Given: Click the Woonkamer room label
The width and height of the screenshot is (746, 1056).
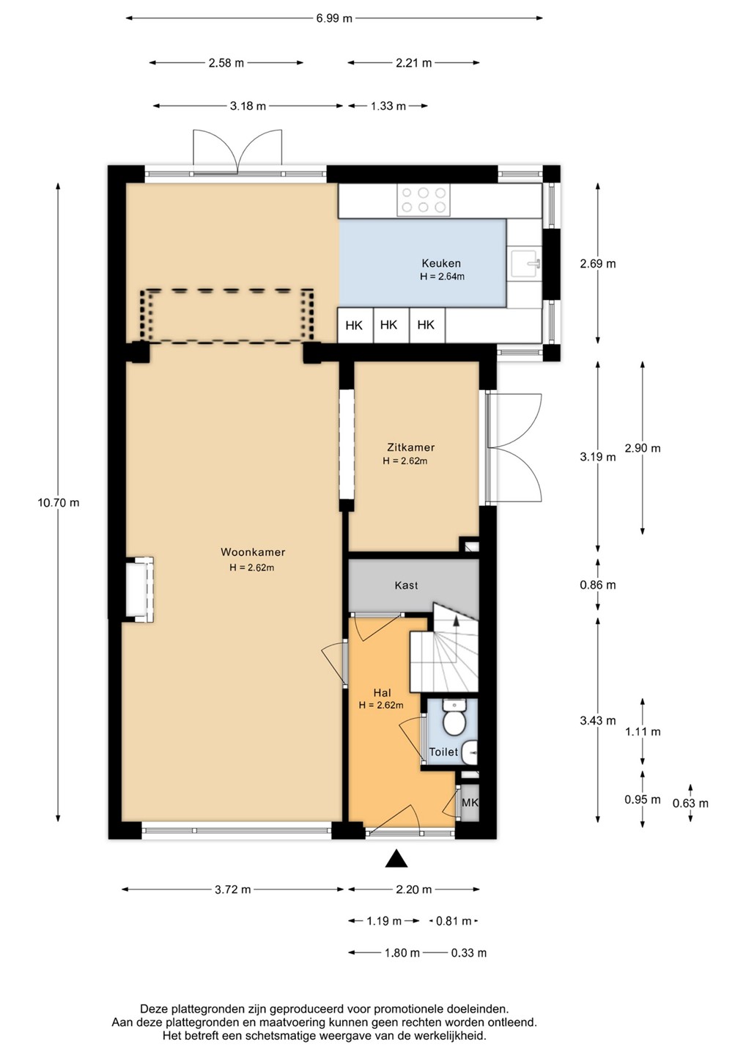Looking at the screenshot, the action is click(x=253, y=552).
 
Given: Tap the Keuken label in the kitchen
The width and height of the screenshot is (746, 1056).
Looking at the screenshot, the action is click(x=441, y=263).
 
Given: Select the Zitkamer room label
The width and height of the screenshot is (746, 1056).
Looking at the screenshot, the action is click(x=410, y=447).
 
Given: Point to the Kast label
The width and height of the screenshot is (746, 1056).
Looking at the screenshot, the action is click(x=406, y=585).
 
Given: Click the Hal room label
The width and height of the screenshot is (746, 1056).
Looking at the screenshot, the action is click(x=382, y=692).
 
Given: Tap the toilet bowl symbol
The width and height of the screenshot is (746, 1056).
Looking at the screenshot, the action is click(x=454, y=717).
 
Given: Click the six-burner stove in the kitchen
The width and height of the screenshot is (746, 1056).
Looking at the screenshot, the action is click(x=424, y=200).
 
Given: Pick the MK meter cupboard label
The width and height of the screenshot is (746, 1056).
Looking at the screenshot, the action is click(x=470, y=802).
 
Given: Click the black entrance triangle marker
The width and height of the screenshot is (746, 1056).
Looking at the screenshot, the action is click(x=396, y=859).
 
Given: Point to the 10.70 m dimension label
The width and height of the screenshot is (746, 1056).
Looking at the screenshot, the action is click(x=59, y=502).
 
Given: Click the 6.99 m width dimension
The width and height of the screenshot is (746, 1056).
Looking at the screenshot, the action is click(x=334, y=19).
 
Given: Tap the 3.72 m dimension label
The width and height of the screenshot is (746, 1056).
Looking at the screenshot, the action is click(x=232, y=890).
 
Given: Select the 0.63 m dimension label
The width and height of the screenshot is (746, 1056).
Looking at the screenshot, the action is click(x=690, y=803).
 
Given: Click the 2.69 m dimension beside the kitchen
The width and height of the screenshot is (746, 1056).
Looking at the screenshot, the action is click(x=598, y=263).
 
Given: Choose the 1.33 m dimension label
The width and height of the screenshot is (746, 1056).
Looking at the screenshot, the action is click(x=388, y=106).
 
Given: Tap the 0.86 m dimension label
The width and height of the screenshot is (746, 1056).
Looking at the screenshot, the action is click(x=598, y=585).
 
